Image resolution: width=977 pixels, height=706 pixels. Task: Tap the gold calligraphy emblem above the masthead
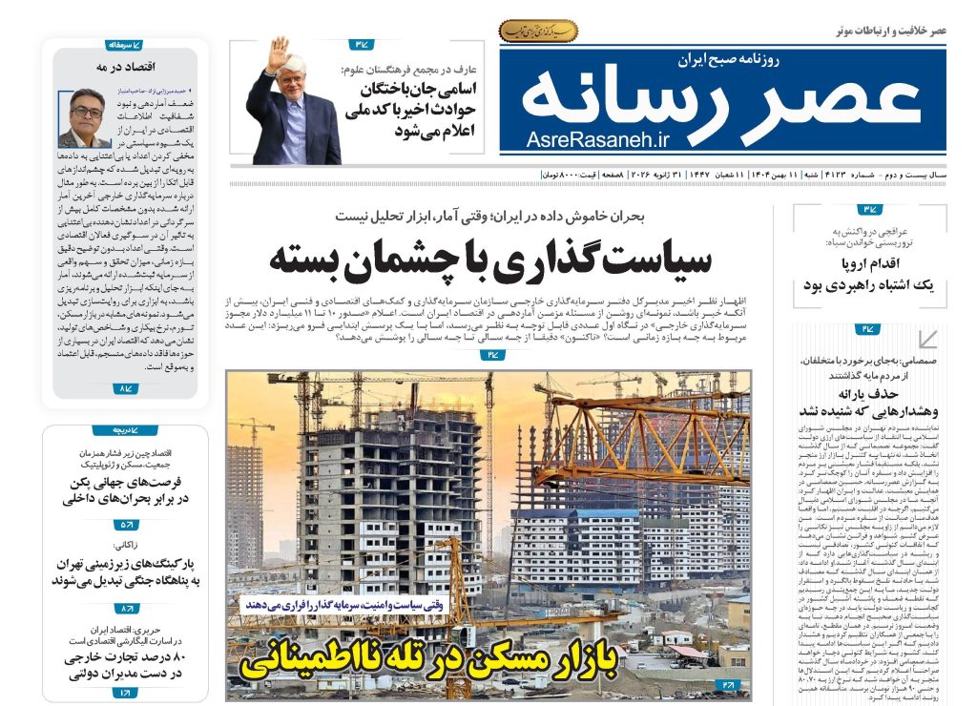coord(538,31)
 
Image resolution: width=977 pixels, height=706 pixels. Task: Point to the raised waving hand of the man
coord(280,49)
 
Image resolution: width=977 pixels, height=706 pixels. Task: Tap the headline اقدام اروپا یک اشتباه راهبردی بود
coord(868,275)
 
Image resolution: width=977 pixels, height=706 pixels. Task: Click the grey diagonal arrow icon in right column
coord(925,339)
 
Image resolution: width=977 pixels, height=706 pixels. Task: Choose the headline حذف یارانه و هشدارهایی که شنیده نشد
coord(868,402)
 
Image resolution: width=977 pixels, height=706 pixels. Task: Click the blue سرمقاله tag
coord(124,45)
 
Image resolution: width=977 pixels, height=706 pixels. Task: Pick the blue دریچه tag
coord(124,431)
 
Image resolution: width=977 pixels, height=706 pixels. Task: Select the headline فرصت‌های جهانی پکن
coord(126,489)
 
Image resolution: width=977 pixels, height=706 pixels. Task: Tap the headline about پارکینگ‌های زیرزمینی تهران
coord(126,571)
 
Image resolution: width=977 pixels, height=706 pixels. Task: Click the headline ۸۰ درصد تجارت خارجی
coord(126,666)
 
